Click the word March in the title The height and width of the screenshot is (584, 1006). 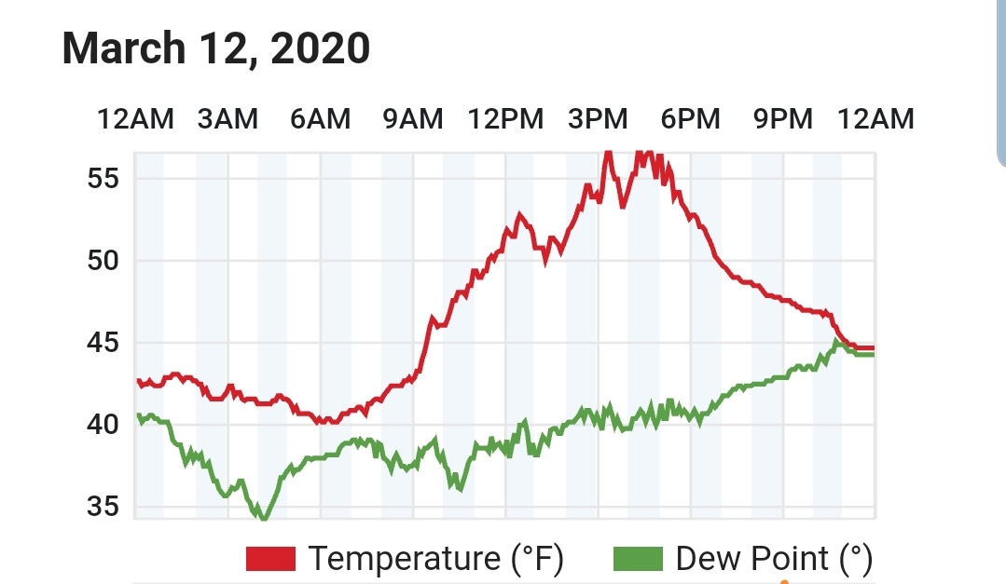point(124,48)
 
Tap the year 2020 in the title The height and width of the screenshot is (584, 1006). point(320,48)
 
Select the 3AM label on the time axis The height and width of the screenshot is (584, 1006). point(227,119)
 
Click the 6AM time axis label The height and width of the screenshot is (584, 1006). point(320,119)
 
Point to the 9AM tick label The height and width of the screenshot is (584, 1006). point(412,119)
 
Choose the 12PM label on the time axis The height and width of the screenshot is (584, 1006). point(505,119)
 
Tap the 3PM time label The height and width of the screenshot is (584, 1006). point(598,119)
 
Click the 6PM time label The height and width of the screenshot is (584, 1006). point(690,119)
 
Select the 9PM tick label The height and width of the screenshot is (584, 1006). point(783,119)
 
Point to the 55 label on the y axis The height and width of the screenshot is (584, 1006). point(103,178)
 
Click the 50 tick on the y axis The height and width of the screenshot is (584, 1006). point(103,261)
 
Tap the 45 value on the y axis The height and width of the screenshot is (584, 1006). point(103,343)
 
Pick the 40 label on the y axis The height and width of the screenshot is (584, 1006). point(103,425)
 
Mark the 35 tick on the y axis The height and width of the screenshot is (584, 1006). point(103,507)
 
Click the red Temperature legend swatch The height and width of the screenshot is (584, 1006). point(270,558)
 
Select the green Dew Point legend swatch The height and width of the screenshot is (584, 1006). point(638,558)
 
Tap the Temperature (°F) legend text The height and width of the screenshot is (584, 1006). point(436,558)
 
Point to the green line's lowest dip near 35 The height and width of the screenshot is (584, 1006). point(263,517)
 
